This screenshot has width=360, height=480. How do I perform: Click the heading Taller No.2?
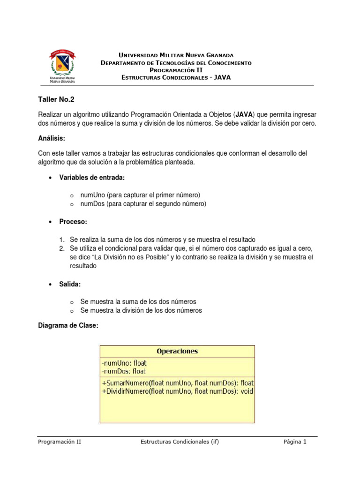coord(56,99)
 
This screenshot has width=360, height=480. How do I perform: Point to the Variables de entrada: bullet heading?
coord(92,178)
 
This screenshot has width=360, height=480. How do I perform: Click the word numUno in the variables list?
coord(92,195)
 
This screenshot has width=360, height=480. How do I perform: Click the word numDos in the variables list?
coord(93,204)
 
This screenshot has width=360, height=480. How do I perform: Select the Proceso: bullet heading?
coord(73,222)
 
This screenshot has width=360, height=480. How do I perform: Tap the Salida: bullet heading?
coord(71,285)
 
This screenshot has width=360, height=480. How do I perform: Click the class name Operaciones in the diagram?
coord(177,351)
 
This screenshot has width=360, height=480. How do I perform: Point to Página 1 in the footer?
coord(295,442)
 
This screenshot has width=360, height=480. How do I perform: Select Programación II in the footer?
coord(60,442)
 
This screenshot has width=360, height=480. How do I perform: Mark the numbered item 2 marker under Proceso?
coord(62,248)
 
